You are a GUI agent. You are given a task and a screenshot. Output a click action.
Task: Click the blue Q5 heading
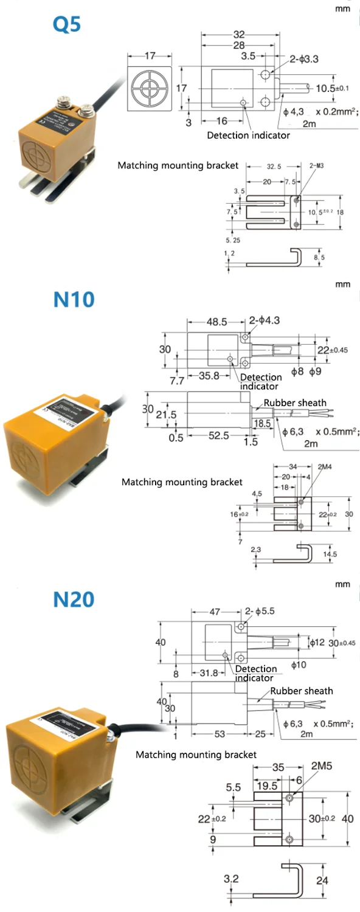(x=67, y=25)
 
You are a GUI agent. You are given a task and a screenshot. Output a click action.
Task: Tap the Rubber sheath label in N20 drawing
(x=302, y=691)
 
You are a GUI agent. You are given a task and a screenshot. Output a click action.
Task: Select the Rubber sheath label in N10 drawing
(x=295, y=402)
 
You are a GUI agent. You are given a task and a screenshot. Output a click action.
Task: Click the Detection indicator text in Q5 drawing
(x=248, y=135)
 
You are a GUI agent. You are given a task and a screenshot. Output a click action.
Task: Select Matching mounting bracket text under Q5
(x=178, y=165)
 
